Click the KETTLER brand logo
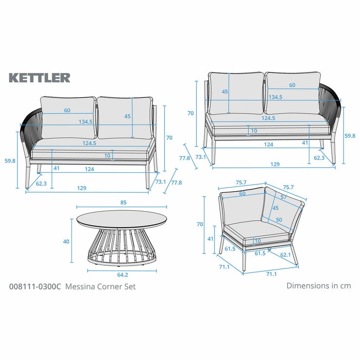coord(39,78)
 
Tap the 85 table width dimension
coord(123,202)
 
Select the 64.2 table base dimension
coord(123,274)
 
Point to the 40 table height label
coord(66,241)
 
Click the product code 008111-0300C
coord(35,287)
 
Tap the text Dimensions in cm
coord(319,286)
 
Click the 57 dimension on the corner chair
coord(284,197)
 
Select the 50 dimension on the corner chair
coord(279,220)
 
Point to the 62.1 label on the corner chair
coord(286,254)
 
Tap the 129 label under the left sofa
coord(82,188)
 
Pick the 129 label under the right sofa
coord(275,164)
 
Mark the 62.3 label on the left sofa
coord(41,183)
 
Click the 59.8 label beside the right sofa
coord(350,136)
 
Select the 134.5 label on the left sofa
coord(86,122)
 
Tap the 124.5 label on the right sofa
coord(268,118)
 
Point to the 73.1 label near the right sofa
coord(200,157)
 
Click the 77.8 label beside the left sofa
coord(176,182)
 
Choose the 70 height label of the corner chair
coord(200,224)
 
